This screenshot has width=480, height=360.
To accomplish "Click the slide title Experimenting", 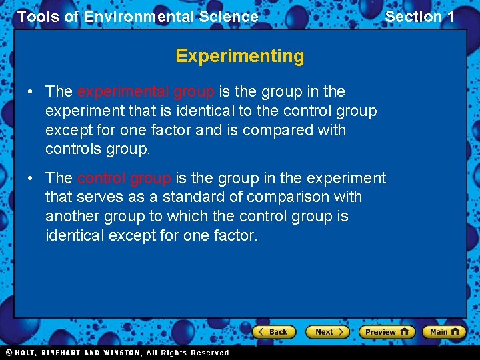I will click(239, 56).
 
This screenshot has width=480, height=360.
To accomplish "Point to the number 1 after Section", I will click(450, 17).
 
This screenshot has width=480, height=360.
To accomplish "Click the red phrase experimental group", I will click(145, 91).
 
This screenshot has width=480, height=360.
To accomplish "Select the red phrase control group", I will click(124, 178).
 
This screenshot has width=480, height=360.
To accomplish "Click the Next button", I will click(327, 331).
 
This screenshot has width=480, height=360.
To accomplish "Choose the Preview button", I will click(386, 331).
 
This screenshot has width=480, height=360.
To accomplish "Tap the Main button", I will click(444, 331).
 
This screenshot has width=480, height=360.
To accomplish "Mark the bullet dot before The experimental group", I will click(33, 92).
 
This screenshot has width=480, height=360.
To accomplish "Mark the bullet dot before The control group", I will click(33, 179).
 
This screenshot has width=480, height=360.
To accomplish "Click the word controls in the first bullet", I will click(73, 149).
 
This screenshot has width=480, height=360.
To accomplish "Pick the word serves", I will click(96, 197).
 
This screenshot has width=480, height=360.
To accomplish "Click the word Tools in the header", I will click(38, 17).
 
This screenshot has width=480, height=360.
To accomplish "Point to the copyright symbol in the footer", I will click(9, 353).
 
